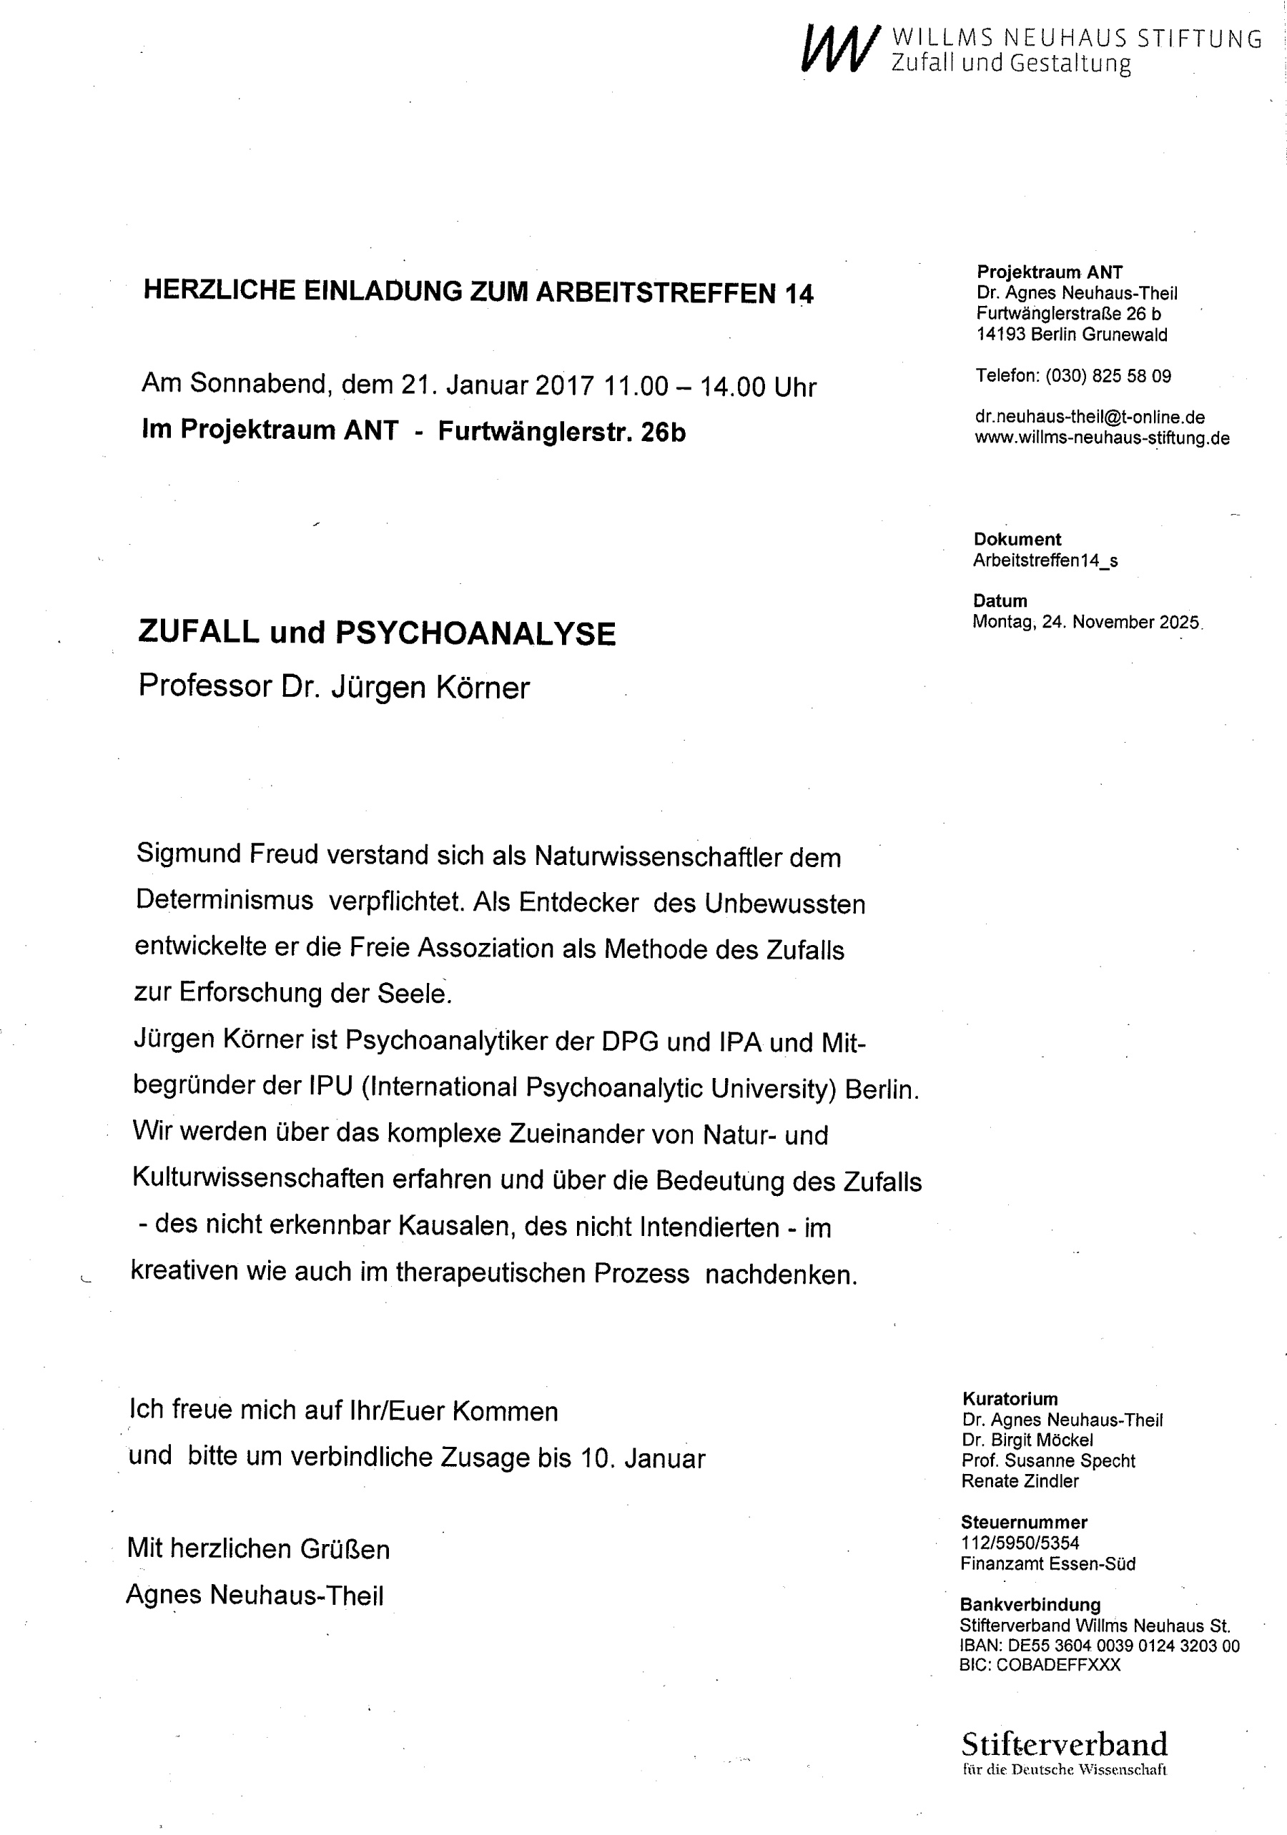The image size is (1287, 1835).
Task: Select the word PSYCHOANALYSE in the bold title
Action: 475,633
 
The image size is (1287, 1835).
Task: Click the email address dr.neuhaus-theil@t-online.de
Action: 1090,417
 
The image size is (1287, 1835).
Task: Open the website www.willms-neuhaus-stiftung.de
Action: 1102,438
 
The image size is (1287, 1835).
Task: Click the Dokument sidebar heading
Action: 1017,540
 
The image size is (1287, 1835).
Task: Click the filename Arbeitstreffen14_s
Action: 1045,560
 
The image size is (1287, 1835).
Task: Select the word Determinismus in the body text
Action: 225,900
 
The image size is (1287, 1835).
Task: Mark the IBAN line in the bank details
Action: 1099,1646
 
